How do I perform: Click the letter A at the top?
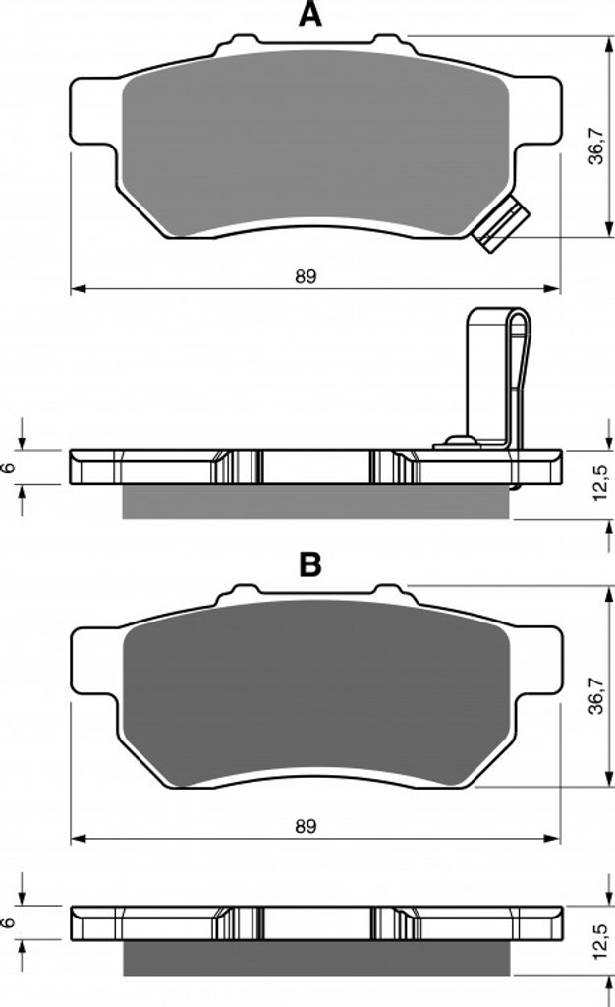coord(309,14)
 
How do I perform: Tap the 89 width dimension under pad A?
coord(306,276)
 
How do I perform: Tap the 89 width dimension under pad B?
coord(306,826)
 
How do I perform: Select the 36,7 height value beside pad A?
coord(596,146)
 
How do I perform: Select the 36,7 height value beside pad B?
coord(596,695)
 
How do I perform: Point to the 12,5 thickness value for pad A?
coord(599,483)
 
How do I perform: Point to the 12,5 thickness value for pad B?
coord(599,941)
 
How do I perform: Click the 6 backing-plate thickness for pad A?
coord(8,467)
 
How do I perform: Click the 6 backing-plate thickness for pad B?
coord(8,922)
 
